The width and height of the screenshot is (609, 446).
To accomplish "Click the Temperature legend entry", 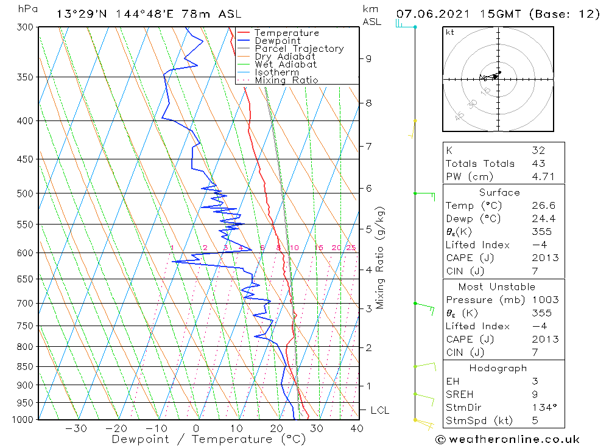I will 286,33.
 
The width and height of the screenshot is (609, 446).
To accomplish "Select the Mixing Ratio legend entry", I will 286,80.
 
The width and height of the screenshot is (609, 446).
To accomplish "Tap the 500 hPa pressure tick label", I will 26,193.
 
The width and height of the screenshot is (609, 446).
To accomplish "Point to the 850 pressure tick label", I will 26,366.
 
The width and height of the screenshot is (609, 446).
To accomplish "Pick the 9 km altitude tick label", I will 368,58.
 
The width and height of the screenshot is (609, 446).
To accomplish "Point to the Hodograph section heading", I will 498,368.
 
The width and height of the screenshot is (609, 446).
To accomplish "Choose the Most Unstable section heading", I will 498,287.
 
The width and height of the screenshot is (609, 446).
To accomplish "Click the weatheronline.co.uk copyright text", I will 507,439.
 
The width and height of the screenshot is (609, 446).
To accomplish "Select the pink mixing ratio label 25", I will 351,248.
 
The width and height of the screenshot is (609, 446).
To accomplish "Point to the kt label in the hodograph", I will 450,32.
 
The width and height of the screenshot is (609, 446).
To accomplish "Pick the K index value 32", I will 538,150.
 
